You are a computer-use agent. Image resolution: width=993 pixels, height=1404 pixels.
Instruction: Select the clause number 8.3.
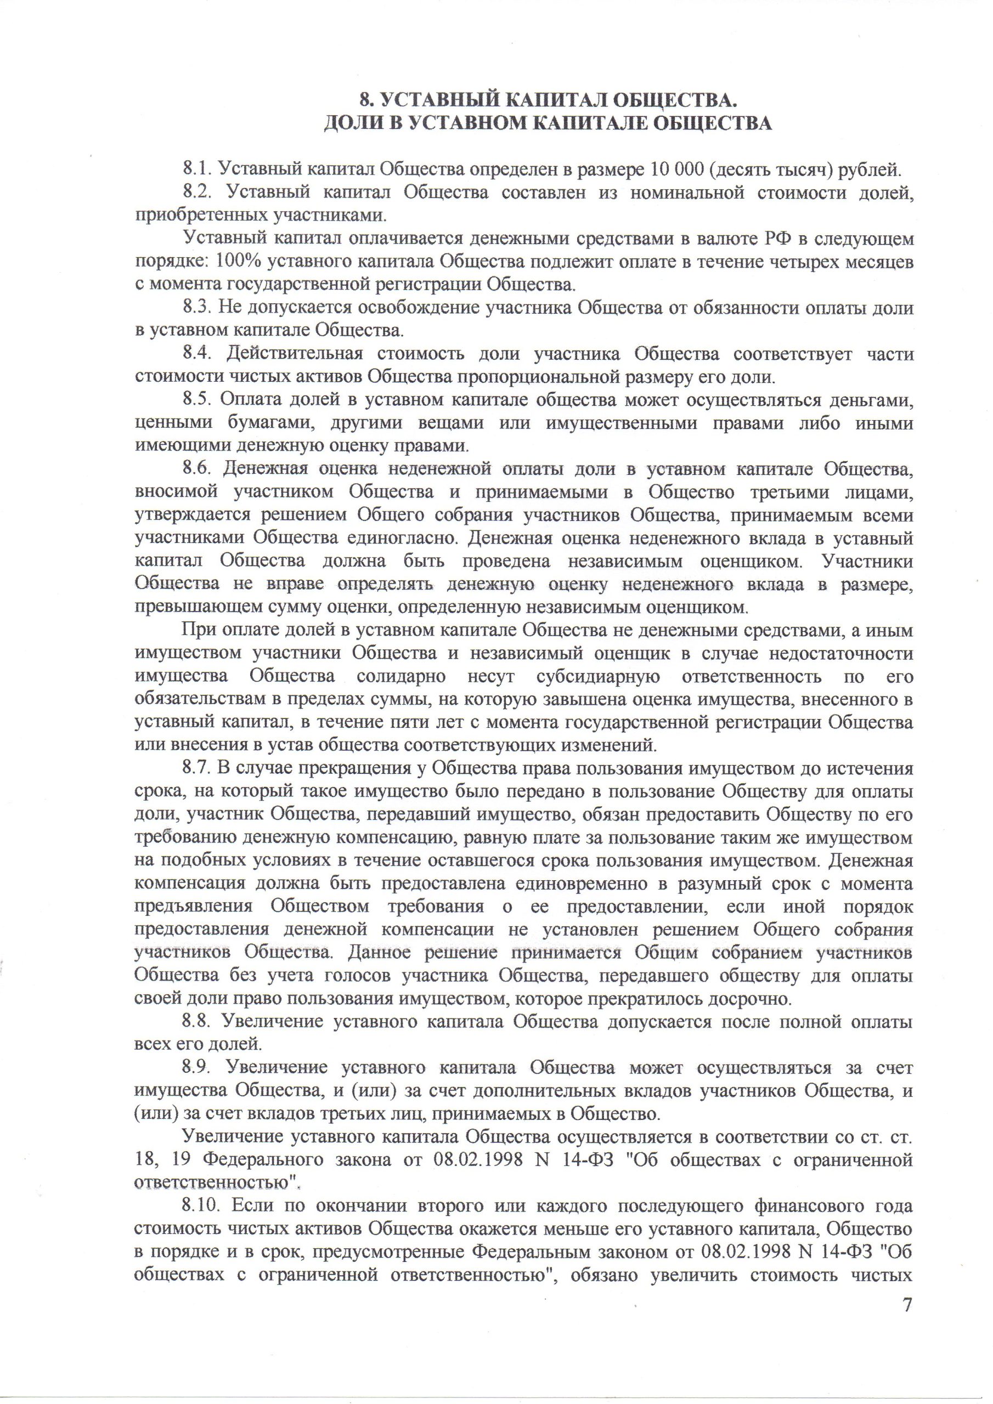pyautogui.click(x=196, y=308)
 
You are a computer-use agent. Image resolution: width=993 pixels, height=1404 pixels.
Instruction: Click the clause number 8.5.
pyautogui.click(x=196, y=400)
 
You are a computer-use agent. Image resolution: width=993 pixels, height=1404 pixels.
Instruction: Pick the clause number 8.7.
pyautogui.click(x=196, y=769)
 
